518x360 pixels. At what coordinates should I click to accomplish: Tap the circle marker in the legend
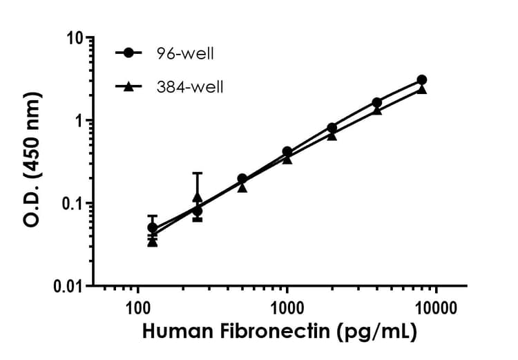click(x=128, y=53)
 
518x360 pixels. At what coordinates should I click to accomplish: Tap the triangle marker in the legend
click(x=128, y=86)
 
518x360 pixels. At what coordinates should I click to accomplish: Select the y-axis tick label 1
click(x=80, y=120)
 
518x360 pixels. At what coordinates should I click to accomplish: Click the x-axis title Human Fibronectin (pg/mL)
click(x=280, y=332)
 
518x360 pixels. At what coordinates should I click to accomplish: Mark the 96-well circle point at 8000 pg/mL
click(x=421, y=80)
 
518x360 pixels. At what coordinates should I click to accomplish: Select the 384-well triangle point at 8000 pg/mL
click(x=421, y=89)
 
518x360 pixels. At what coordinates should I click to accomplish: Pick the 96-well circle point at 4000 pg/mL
click(x=376, y=102)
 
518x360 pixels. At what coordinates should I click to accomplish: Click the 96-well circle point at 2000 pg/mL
click(x=332, y=128)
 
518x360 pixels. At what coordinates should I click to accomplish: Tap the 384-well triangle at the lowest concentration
click(x=153, y=241)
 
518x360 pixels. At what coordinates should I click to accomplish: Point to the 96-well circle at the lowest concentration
click(x=153, y=227)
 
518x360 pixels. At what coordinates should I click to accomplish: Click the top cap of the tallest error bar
click(x=198, y=173)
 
